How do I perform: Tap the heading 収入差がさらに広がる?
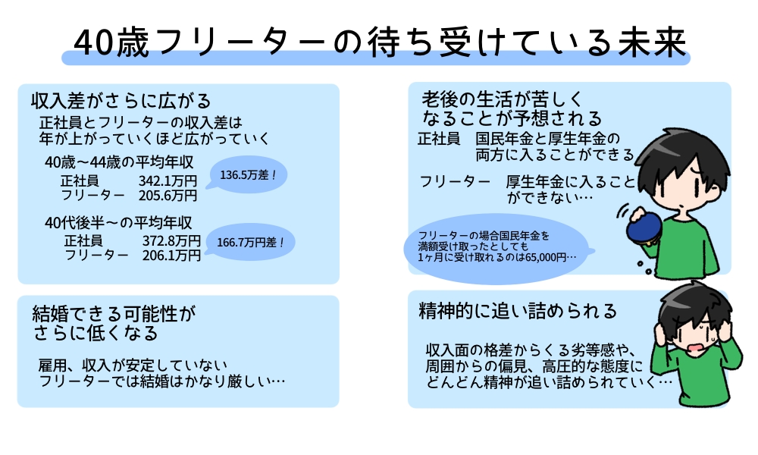[121, 101]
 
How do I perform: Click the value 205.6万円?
[168, 195]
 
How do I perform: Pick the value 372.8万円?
[171, 240]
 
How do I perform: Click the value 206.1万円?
[171, 256]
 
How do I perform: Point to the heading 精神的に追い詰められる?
[518, 312]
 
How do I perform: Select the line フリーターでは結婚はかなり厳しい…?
[162, 380]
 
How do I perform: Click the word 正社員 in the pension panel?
[439, 140]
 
